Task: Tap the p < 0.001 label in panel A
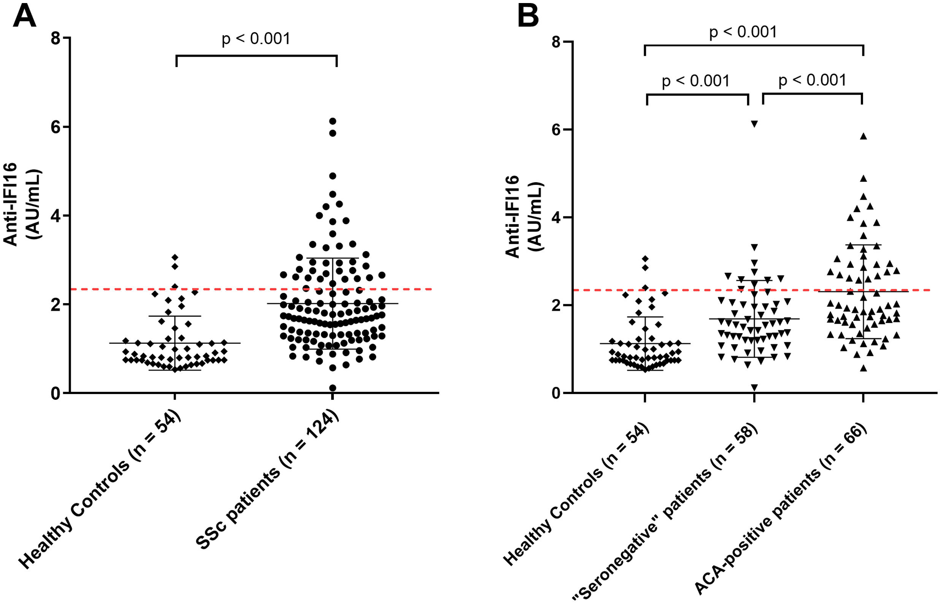point(256,39)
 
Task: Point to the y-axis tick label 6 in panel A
point(56,127)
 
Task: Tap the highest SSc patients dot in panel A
point(333,121)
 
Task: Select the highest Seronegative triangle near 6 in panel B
point(754,124)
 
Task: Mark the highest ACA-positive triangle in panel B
point(863,136)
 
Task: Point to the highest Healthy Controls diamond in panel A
point(175,257)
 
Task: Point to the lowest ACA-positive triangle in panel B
point(863,368)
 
